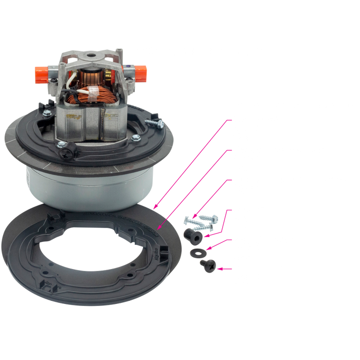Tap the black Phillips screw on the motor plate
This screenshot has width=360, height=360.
tap(66, 152)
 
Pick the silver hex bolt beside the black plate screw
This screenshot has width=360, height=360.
tap(61, 143)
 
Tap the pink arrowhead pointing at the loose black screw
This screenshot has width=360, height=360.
tap(219, 268)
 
